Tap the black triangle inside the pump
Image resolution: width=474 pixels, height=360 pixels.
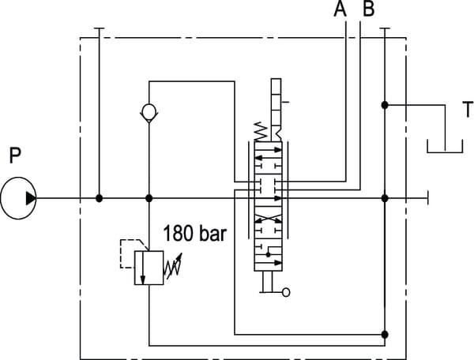point(30,198)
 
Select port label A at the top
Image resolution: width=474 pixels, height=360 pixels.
point(340,10)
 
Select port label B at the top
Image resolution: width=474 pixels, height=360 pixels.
point(367,10)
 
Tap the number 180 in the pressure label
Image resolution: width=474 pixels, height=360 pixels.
point(178,234)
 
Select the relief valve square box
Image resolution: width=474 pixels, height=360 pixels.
point(149,268)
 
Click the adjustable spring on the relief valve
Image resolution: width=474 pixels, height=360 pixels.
point(172,268)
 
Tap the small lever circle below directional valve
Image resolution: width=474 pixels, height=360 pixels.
point(285,293)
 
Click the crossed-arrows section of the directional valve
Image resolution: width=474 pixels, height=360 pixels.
point(269,221)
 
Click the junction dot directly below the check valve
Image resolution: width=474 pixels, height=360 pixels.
point(149,198)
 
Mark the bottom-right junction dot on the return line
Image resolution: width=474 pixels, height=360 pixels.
point(385,333)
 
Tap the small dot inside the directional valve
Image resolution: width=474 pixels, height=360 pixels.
point(269,255)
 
